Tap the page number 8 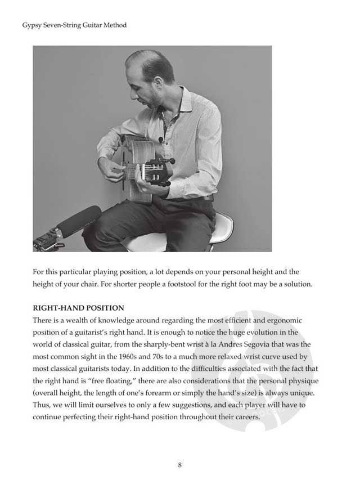(x=179, y=464)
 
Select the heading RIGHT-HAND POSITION (x=78, y=308)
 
